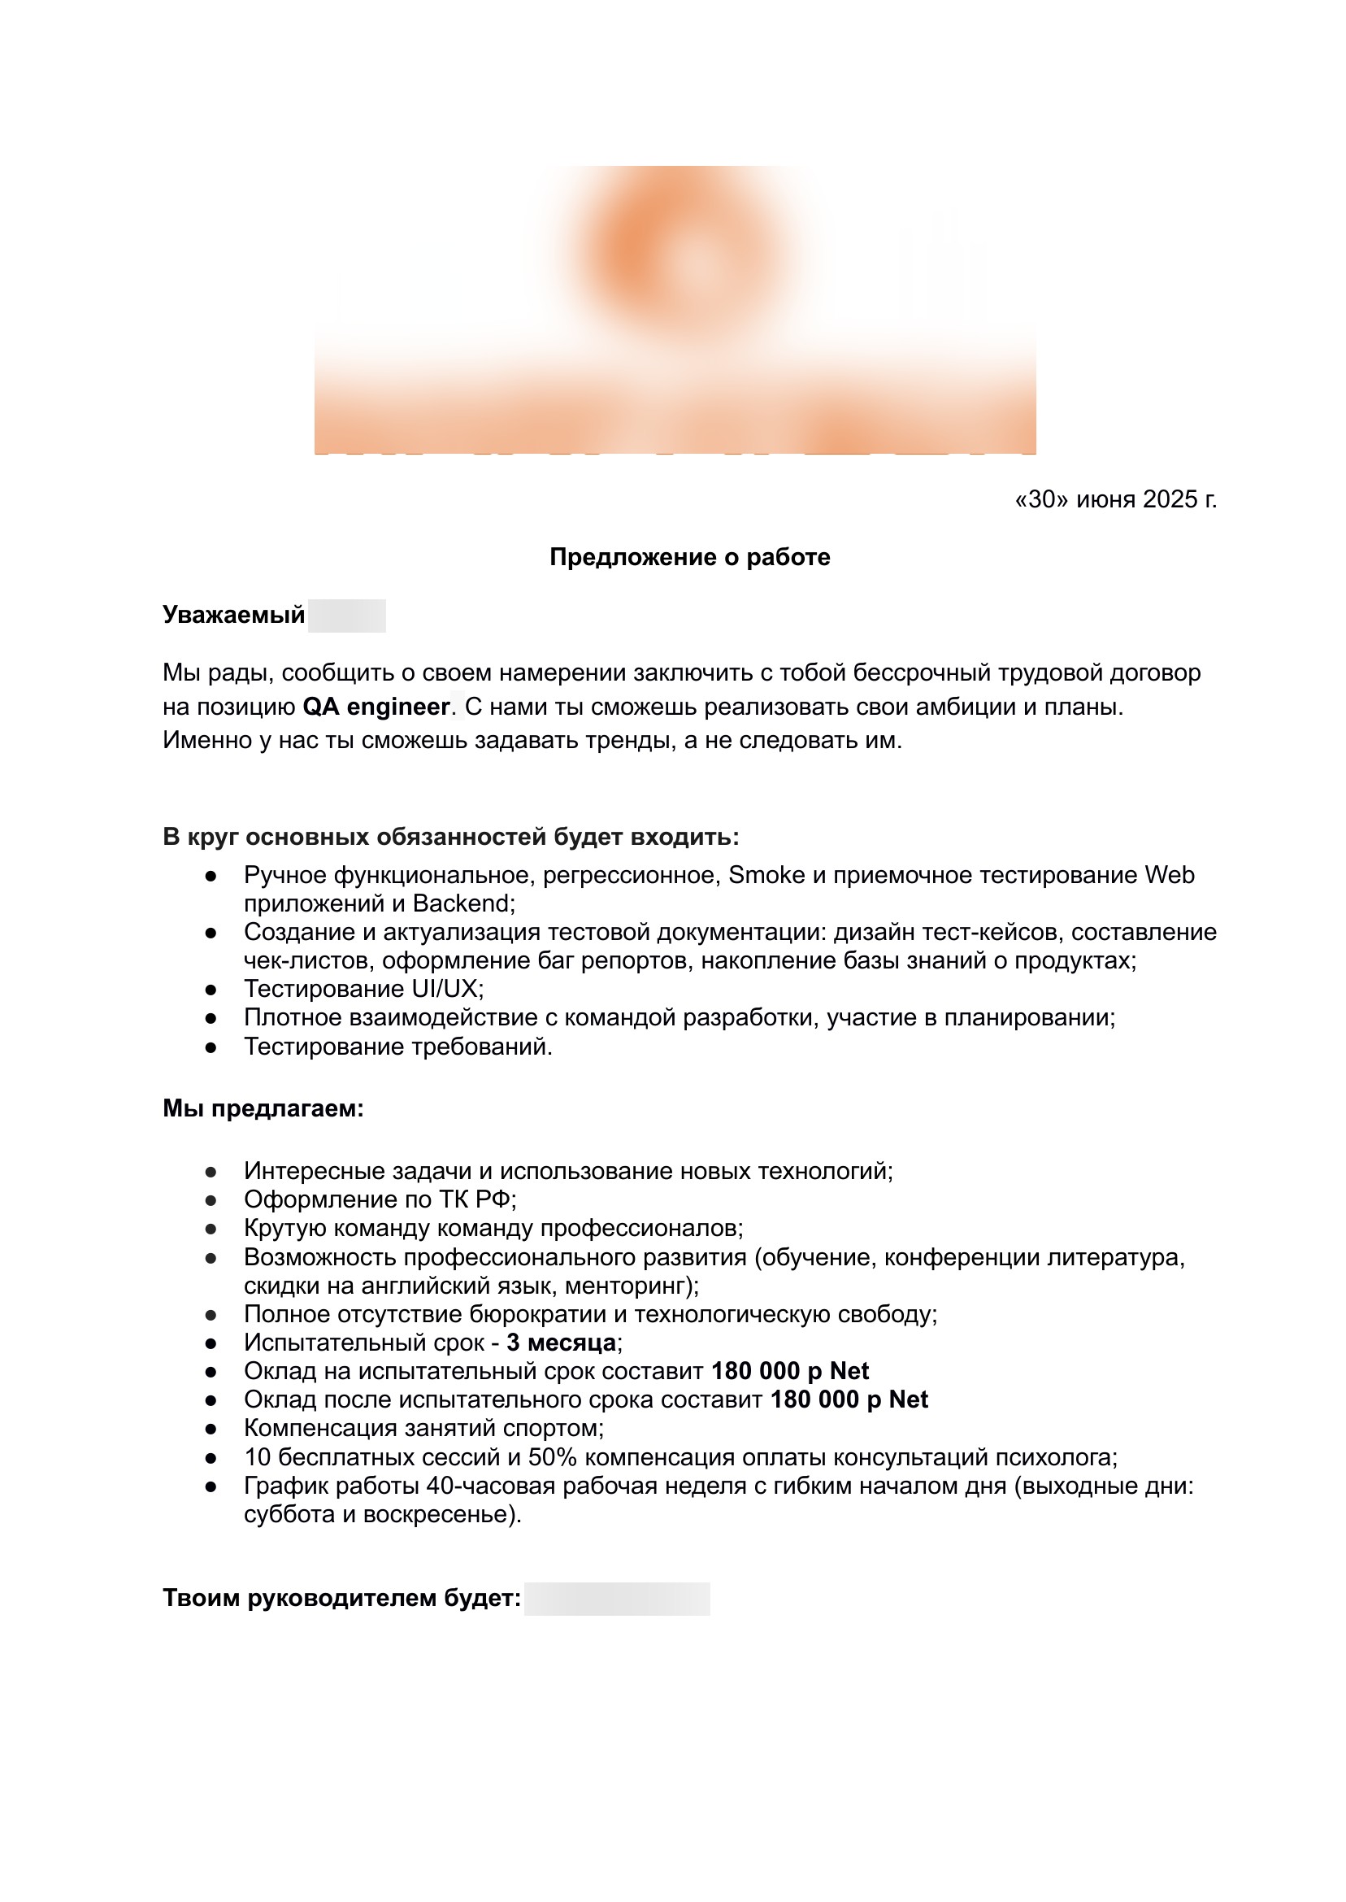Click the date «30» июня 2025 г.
point(1115,499)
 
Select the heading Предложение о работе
point(689,557)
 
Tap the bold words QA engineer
point(376,707)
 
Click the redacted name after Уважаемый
point(346,616)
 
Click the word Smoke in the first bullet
point(766,876)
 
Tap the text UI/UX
point(447,989)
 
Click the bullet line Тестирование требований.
point(397,1047)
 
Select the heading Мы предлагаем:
point(263,1108)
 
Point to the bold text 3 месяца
point(561,1343)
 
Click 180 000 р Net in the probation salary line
point(790,1371)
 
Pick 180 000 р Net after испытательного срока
point(849,1399)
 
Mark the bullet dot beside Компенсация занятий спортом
point(211,1430)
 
